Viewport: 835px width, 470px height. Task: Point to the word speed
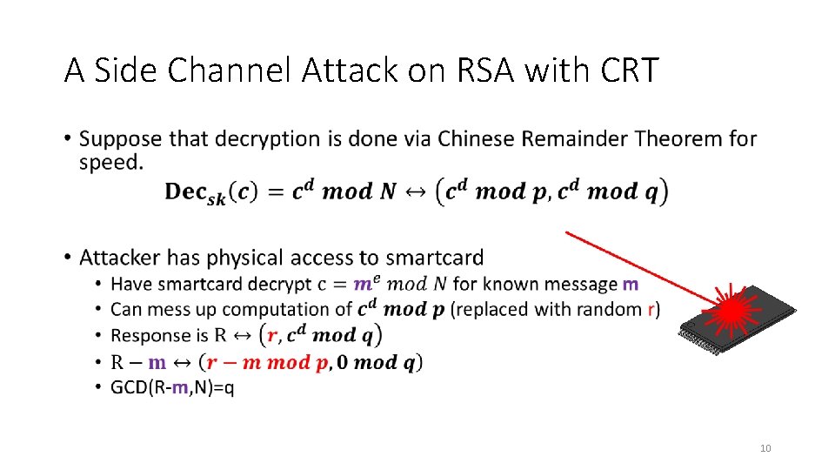[x=110, y=163]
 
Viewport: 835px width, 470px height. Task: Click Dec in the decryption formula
[x=187, y=192]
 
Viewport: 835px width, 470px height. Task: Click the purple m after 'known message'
[x=631, y=284]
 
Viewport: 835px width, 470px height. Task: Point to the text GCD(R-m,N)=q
[x=172, y=387]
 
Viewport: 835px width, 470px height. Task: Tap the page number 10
[x=765, y=448]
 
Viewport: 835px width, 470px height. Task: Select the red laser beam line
[x=635, y=265]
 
